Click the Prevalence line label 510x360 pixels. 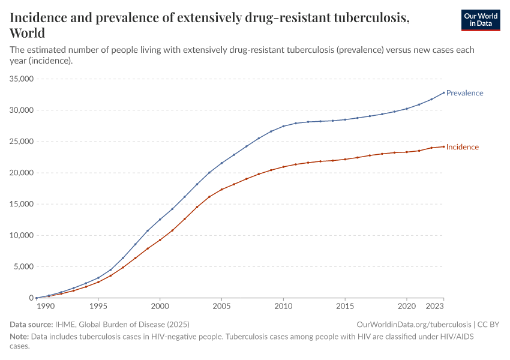[464, 93]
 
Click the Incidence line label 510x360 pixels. [462, 147]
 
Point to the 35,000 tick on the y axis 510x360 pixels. [21, 79]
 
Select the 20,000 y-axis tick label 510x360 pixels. [21, 173]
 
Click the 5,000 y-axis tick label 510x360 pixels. [24, 266]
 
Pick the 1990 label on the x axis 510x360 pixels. [46, 306]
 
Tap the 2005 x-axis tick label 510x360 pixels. [221, 306]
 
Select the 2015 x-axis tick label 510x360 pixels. [345, 306]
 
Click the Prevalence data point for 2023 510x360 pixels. [443, 92]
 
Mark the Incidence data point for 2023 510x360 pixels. [443, 146]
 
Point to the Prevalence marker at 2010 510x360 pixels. [283, 126]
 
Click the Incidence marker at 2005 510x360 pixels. [221, 190]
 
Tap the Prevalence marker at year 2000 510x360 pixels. [160, 220]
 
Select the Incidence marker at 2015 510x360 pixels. [345, 159]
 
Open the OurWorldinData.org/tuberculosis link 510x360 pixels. [414, 324]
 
